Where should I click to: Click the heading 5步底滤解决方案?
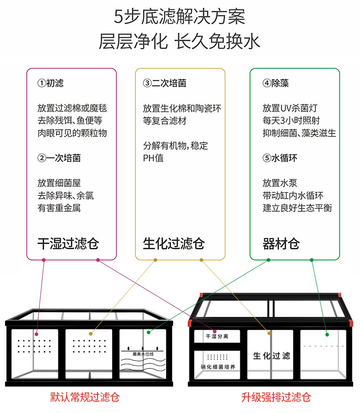tap(180, 17)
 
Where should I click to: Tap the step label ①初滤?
tap(51, 83)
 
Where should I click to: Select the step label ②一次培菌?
tap(59, 158)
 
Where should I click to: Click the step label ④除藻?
tap(275, 83)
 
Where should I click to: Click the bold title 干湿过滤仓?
tap(68, 244)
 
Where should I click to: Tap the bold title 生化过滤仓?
tap(174, 244)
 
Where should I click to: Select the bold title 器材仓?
tap(281, 244)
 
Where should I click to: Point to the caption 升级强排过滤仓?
tap(276, 397)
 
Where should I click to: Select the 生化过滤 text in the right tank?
tap(272, 356)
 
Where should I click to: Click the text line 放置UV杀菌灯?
tap(290, 108)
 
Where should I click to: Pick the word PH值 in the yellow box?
tap(153, 158)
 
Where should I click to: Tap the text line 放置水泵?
tap(280, 183)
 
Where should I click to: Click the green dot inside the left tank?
tap(149, 332)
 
